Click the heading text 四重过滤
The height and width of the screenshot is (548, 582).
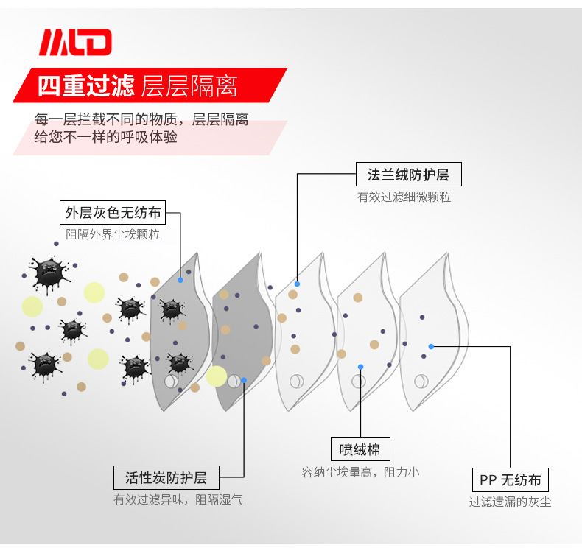(x=85, y=86)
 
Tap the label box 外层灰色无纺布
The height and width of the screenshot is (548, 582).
(x=113, y=213)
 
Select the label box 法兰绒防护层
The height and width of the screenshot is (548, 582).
(x=408, y=175)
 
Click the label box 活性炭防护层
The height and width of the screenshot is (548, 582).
(x=166, y=477)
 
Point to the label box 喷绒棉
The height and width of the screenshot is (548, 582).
(x=360, y=449)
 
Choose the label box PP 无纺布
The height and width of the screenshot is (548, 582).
(x=510, y=480)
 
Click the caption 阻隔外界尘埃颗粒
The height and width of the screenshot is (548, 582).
(x=113, y=234)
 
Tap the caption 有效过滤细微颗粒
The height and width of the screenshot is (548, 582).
(x=404, y=197)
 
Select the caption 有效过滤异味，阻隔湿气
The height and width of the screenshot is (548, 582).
(x=178, y=499)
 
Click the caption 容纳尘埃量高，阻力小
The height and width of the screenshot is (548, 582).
(x=360, y=471)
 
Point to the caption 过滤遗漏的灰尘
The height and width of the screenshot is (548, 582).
(x=510, y=502)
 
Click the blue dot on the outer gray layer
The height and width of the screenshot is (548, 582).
(x=180, y=280)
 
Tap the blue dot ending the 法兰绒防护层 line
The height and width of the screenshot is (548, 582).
(x=297, y=284)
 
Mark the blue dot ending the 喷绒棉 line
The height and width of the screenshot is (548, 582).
(x=360, y=366)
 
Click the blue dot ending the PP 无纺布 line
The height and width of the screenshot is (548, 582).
(x=431, y=346)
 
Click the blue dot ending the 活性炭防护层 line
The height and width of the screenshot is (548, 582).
(x=244, y=380)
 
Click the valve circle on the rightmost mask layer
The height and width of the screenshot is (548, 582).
(x=421, y=381)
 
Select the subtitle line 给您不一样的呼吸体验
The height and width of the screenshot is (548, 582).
(x=106, y=138)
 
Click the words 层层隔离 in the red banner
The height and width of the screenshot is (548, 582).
(x=189, y=86)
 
